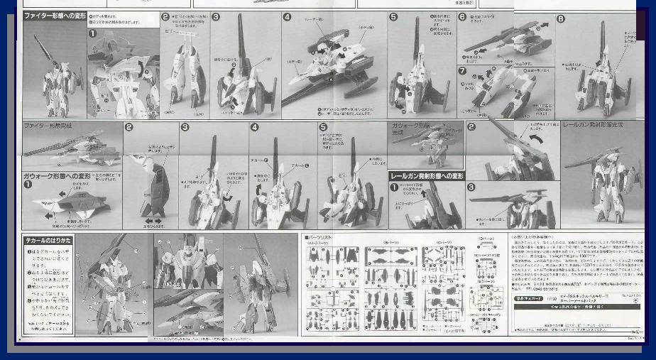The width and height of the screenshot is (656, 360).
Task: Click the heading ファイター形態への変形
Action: tap(55, 16)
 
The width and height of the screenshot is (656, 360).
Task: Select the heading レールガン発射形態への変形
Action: tap(427, 175)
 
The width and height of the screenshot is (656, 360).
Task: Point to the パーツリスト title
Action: tap(319, 238)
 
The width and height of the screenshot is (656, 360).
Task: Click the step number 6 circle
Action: tap(462, 16)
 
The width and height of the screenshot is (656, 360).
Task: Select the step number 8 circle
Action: tap(561, 19)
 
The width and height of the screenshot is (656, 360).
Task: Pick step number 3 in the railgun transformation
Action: tap(471, 187)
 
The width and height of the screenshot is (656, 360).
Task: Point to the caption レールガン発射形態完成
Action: tap(592, 126)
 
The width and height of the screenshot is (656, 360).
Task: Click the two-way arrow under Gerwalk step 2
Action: tap(154, 221)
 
